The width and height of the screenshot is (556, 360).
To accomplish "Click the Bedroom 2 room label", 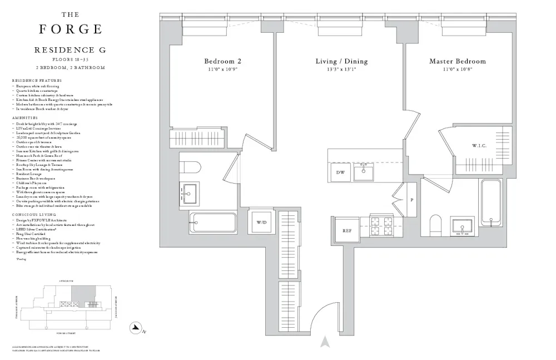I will (x=222, y=61).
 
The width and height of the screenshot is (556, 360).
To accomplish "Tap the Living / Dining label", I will (x=341, y=61).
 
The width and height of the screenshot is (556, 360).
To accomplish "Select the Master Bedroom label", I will (x=457, y=61).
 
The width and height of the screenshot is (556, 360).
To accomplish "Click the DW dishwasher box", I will (x=340, y=172).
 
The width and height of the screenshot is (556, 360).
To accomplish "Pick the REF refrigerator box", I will (x=347, y=230).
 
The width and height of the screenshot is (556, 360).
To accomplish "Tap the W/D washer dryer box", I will (x=261, y=223).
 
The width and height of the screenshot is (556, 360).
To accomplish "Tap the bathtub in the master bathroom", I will (x=491, y=203).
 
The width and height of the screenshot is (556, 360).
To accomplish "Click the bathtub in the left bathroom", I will (x=213, y=222).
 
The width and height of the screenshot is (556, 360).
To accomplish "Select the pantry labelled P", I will (x=411, y=200).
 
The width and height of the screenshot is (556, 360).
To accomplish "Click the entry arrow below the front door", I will (x=326, y=341).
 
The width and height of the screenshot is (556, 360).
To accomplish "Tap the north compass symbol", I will (x=135, y=328).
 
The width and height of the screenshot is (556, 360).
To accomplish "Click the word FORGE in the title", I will (x=70, y=29).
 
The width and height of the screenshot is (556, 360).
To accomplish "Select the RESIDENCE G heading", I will (x=70, y=50).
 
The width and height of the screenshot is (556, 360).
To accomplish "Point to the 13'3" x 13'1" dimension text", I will (x=341, y=70).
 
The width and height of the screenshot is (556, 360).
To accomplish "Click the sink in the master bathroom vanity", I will (x=460, y=226).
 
